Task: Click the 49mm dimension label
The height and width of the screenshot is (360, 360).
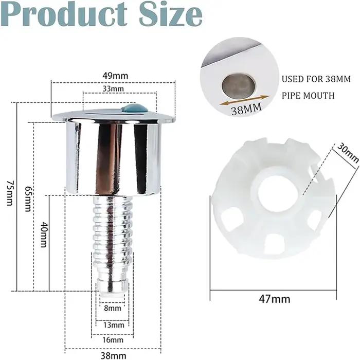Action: point(115,76)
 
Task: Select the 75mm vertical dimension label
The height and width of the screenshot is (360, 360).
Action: point(10,193)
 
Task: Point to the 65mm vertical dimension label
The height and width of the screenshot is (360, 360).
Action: point(28,199)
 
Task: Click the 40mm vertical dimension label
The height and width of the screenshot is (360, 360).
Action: point(43,235)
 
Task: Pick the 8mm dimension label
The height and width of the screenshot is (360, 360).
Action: point(113,308)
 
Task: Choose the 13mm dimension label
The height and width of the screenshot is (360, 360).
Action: point(114,325)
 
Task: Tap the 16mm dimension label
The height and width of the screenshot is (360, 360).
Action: point(113,340)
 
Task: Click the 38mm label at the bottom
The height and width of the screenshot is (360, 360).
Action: point(114,356)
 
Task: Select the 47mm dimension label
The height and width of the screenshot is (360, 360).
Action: point(274,299)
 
